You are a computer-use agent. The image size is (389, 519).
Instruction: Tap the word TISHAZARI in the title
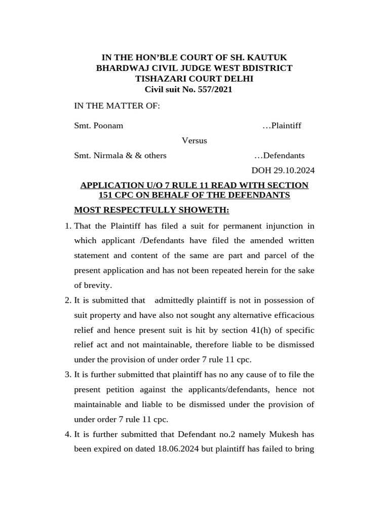point(160,79)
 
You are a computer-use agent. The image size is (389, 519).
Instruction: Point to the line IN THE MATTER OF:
point(117,105)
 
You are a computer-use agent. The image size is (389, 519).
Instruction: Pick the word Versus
point(194,140)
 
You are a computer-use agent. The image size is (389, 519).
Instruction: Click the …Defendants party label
point(279,156)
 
